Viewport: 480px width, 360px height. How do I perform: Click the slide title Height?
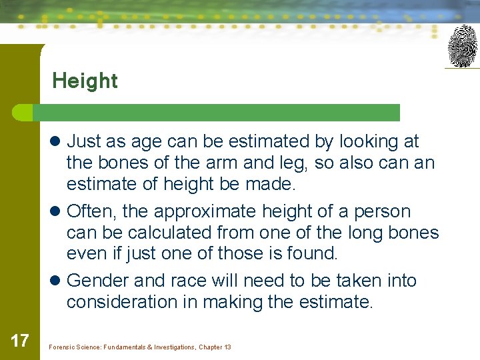click(85, 81)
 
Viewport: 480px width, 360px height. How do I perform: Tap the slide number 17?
click(20, 341)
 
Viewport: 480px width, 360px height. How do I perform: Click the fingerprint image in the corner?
click(462, 45)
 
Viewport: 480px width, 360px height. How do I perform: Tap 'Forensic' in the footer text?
click(63, 347)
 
